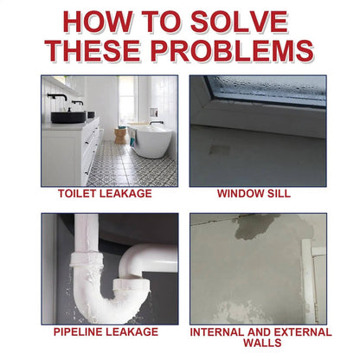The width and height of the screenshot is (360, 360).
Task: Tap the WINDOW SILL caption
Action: (x=254, y=194)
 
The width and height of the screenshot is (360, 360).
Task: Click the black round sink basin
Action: (x=63, y=115)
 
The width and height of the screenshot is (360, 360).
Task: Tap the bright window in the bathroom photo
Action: (x=126, y=102)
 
